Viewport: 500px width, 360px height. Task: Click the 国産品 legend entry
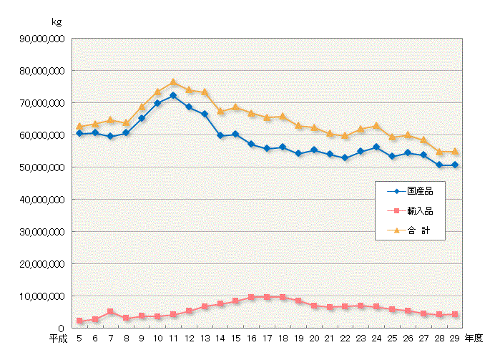pyautogui.click(x=411, y=191)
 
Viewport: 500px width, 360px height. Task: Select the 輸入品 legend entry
pyautogui.click(x=411, y=211)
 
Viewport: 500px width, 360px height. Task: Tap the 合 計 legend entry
pyautogui.click(x=411, y=231)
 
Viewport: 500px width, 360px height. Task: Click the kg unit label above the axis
pyautogui.click(x=57, y=22)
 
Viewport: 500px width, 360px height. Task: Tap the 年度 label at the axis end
pyautogui.click(x=474, y=337)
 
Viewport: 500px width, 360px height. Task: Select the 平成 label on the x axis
pyautogui.click(x=59, y=337)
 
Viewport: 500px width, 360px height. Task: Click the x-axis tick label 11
pyautogui.click(x=173, y=337)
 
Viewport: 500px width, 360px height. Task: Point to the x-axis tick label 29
pyautogui.click(x=455, y=337)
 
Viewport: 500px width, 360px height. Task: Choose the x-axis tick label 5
pyautogui.click(x=79, y=337)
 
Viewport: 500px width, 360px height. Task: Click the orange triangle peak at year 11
pyautogui.click(x=173, y=82)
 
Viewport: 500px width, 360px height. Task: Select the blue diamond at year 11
pyautogui.click(x=173, y=95)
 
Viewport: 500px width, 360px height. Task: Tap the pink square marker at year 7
pyautogui.click(x=110, y=312)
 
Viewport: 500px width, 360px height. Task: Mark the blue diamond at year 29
pyautogui.click(x=455, y=165)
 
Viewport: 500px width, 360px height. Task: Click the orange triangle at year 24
pyautogui.click(x=376, y=126)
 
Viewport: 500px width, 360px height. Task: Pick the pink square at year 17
pyautogui.click(x=267, y=297)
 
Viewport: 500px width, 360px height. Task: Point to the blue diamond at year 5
pyautogui.click(x=79, y=134)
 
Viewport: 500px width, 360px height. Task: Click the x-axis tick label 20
pyautogui.click(x=314, y=337)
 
